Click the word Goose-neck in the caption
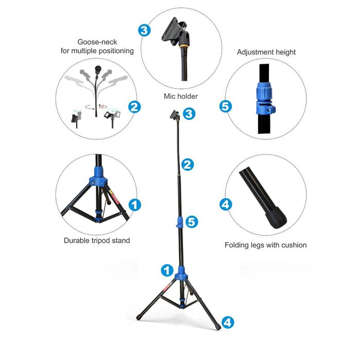click(97, 42)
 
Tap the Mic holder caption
click(181, 96)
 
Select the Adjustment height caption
click(266, 52)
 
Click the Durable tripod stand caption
click(97, 240)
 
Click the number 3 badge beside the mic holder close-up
click(145, 30)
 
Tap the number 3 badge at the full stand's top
click(189, 114)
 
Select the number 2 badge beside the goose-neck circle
click(134, 107)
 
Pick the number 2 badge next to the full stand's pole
click(188, 165)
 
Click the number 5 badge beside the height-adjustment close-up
click(226, 106)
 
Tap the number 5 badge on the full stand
click(191, 222)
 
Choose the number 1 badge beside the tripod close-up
click(135, 205)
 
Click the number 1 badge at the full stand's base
click(167, 271)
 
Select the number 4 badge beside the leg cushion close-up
click(226, 204)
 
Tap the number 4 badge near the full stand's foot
click(227, 322)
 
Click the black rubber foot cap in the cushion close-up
click(276, 218)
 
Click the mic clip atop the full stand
click(174, 115)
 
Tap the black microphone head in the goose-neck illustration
click(98, 68)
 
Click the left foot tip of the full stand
click(138, 318)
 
